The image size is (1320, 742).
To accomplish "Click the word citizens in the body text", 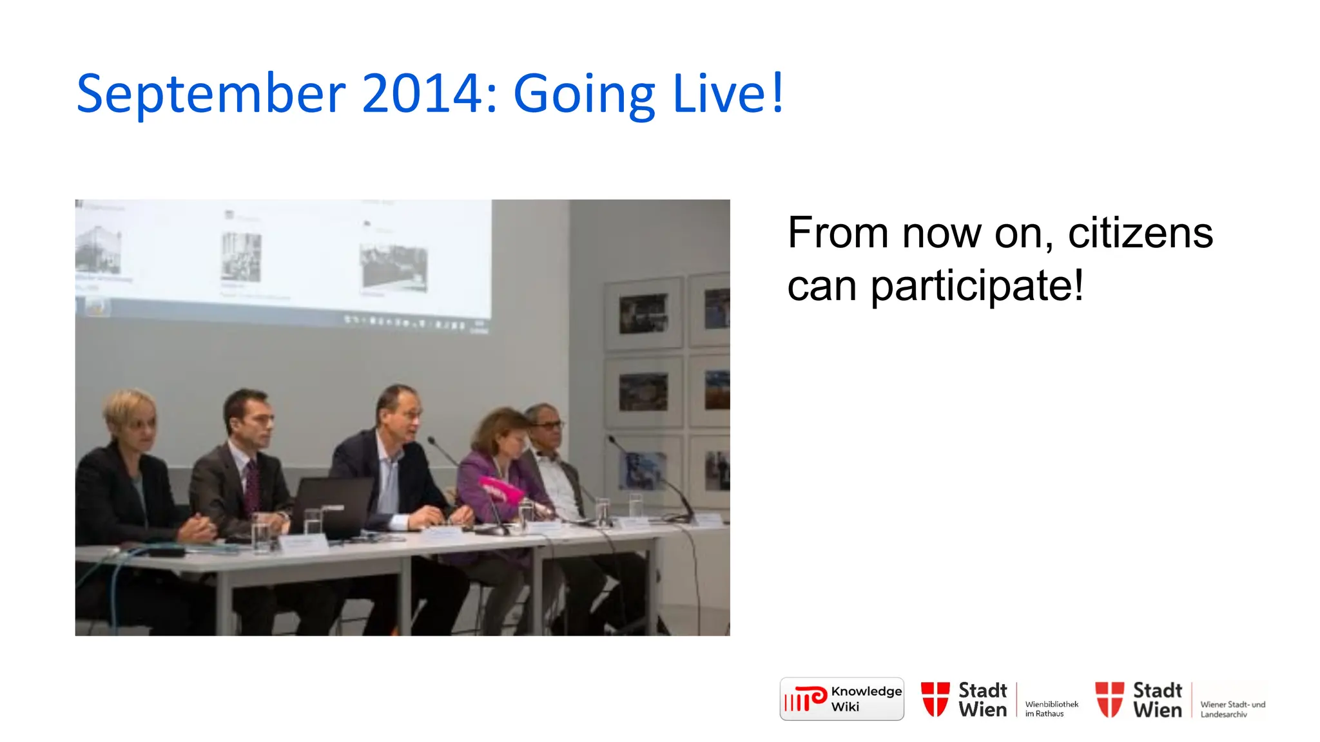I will [x=1140, y=233].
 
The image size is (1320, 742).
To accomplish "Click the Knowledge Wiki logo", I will [x=841, y=699].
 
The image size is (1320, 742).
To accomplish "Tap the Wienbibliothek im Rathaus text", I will [x=1051, y=709].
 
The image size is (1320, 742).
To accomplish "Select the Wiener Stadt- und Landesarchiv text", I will [x=1232, y=709].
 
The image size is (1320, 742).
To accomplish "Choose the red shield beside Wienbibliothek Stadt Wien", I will [x=935, y=699].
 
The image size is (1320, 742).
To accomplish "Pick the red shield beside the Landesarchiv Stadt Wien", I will [x=1109, y=699].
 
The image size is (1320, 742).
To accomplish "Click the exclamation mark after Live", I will [x=777, y=93].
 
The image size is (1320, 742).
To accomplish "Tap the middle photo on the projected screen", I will [x=242, y=257].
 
